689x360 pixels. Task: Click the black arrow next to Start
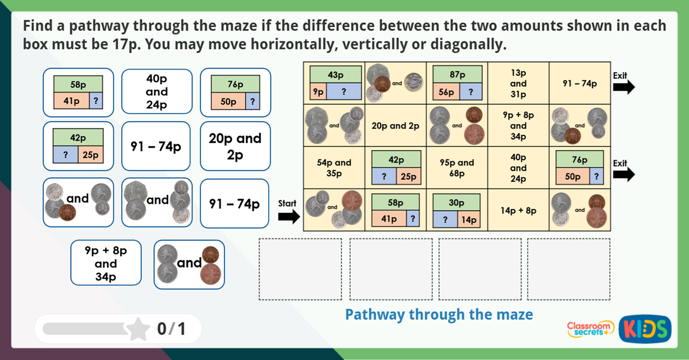point(289,216)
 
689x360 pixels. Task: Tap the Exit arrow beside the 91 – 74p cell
point(624,87)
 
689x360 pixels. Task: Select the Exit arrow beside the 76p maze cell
point(624,174)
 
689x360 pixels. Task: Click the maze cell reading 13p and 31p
point(518,83)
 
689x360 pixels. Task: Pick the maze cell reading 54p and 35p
point(334,167)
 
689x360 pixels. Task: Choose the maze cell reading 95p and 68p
point(457,167)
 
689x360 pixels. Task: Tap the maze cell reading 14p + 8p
point(518,210)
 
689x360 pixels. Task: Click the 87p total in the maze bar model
point(457,75)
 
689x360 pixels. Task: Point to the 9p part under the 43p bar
point(316,91)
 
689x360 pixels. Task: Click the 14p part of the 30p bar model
point(469,219)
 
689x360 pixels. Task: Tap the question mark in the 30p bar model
point(445,219)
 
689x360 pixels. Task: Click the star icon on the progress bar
point(138,329)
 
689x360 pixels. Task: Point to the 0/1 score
point(172,329)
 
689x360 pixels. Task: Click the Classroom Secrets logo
point(590,329)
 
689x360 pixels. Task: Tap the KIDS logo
point(645,329)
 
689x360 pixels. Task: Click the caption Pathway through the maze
point(439,315)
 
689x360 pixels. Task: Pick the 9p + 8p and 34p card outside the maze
point(106,263)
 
